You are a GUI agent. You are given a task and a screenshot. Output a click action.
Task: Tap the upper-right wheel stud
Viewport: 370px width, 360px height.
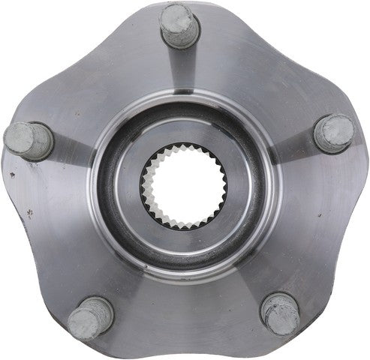click(333, 133)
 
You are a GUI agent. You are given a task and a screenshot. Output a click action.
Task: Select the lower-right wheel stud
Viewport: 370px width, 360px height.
click(281, 313)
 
